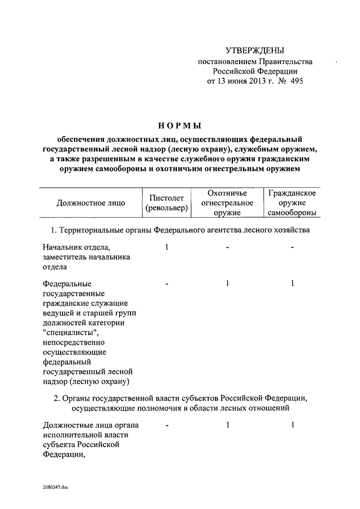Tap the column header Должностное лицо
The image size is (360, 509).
pos(91,203)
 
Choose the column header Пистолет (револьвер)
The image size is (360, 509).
pos(166,203)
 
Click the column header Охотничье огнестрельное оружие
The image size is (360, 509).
pos(227,203)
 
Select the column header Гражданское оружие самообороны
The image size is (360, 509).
pos(291,203)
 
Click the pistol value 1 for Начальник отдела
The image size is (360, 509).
pos(167,247)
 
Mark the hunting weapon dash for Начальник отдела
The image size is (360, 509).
pos(227,248)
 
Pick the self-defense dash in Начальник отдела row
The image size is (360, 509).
pos(292,248)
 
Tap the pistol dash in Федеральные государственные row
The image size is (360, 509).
pos(167,285)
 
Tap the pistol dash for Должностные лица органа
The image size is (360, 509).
pos(167,426)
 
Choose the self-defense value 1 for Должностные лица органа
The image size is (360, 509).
pos(292,426)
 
